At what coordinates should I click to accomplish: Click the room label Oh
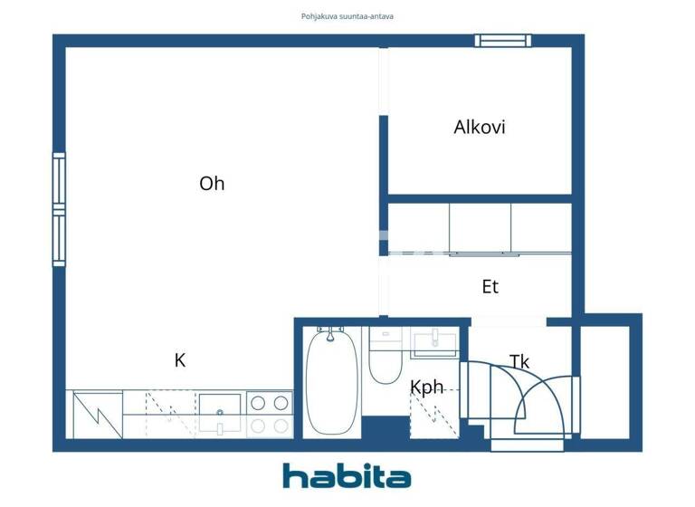coord(212,184)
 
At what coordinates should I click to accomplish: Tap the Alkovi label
coord(479,127)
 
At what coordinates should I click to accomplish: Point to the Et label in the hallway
coord(490,287)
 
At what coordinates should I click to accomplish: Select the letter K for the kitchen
coord(180,360)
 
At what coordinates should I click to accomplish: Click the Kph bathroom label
coord(427,387)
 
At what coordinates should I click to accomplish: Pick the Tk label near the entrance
coord(519,362)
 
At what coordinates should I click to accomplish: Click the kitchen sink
coord(220,415)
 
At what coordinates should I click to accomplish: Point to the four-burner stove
coord(270,414)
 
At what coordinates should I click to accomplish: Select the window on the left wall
coord(59,209)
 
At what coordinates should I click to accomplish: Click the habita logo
coord(347,475)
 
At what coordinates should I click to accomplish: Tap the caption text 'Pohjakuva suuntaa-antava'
coord(347,16)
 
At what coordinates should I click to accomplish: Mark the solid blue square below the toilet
coord(385,427)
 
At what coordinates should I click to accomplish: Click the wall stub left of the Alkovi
coord(383,155)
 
